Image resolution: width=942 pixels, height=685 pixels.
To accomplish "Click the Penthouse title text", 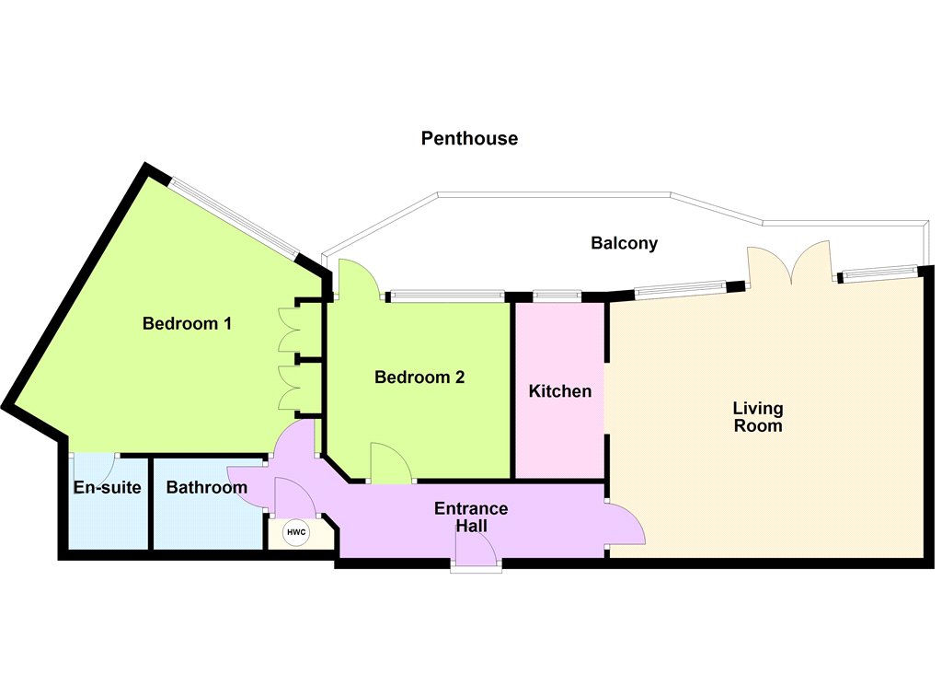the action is [469, 138].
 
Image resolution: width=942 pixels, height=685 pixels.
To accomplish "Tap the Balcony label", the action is [625, 243].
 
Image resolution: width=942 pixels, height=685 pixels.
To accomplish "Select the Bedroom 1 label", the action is [187, 323].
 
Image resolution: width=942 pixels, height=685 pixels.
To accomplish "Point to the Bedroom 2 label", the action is [419, 377].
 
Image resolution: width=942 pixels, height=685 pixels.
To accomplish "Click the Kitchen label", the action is [560, 391].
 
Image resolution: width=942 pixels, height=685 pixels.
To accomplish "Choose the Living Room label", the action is [758, 417].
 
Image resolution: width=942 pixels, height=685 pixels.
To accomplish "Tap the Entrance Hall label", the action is [471, 517].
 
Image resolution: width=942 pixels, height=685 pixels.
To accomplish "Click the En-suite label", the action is [107, 486].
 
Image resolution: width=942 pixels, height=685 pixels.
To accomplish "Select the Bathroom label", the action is [207, 486].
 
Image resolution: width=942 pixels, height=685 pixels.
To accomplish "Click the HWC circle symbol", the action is [296, 532].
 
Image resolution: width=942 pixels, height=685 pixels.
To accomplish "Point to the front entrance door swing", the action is [476, 549].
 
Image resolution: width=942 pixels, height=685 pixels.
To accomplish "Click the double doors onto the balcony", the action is [789, 262].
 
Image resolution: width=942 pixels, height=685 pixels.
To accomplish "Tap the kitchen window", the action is [557, 296].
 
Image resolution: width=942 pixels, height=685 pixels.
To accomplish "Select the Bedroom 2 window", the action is [447, 296].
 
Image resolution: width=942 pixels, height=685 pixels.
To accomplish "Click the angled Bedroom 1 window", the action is [233, 216].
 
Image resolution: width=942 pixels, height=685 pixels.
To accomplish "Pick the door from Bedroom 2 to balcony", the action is [358, 279].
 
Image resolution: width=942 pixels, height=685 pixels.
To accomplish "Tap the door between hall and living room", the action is [626, 523].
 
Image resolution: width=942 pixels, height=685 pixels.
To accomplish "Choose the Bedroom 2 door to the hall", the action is [390, 462].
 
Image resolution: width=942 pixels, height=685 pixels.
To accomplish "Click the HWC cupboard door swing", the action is [294, 497].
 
